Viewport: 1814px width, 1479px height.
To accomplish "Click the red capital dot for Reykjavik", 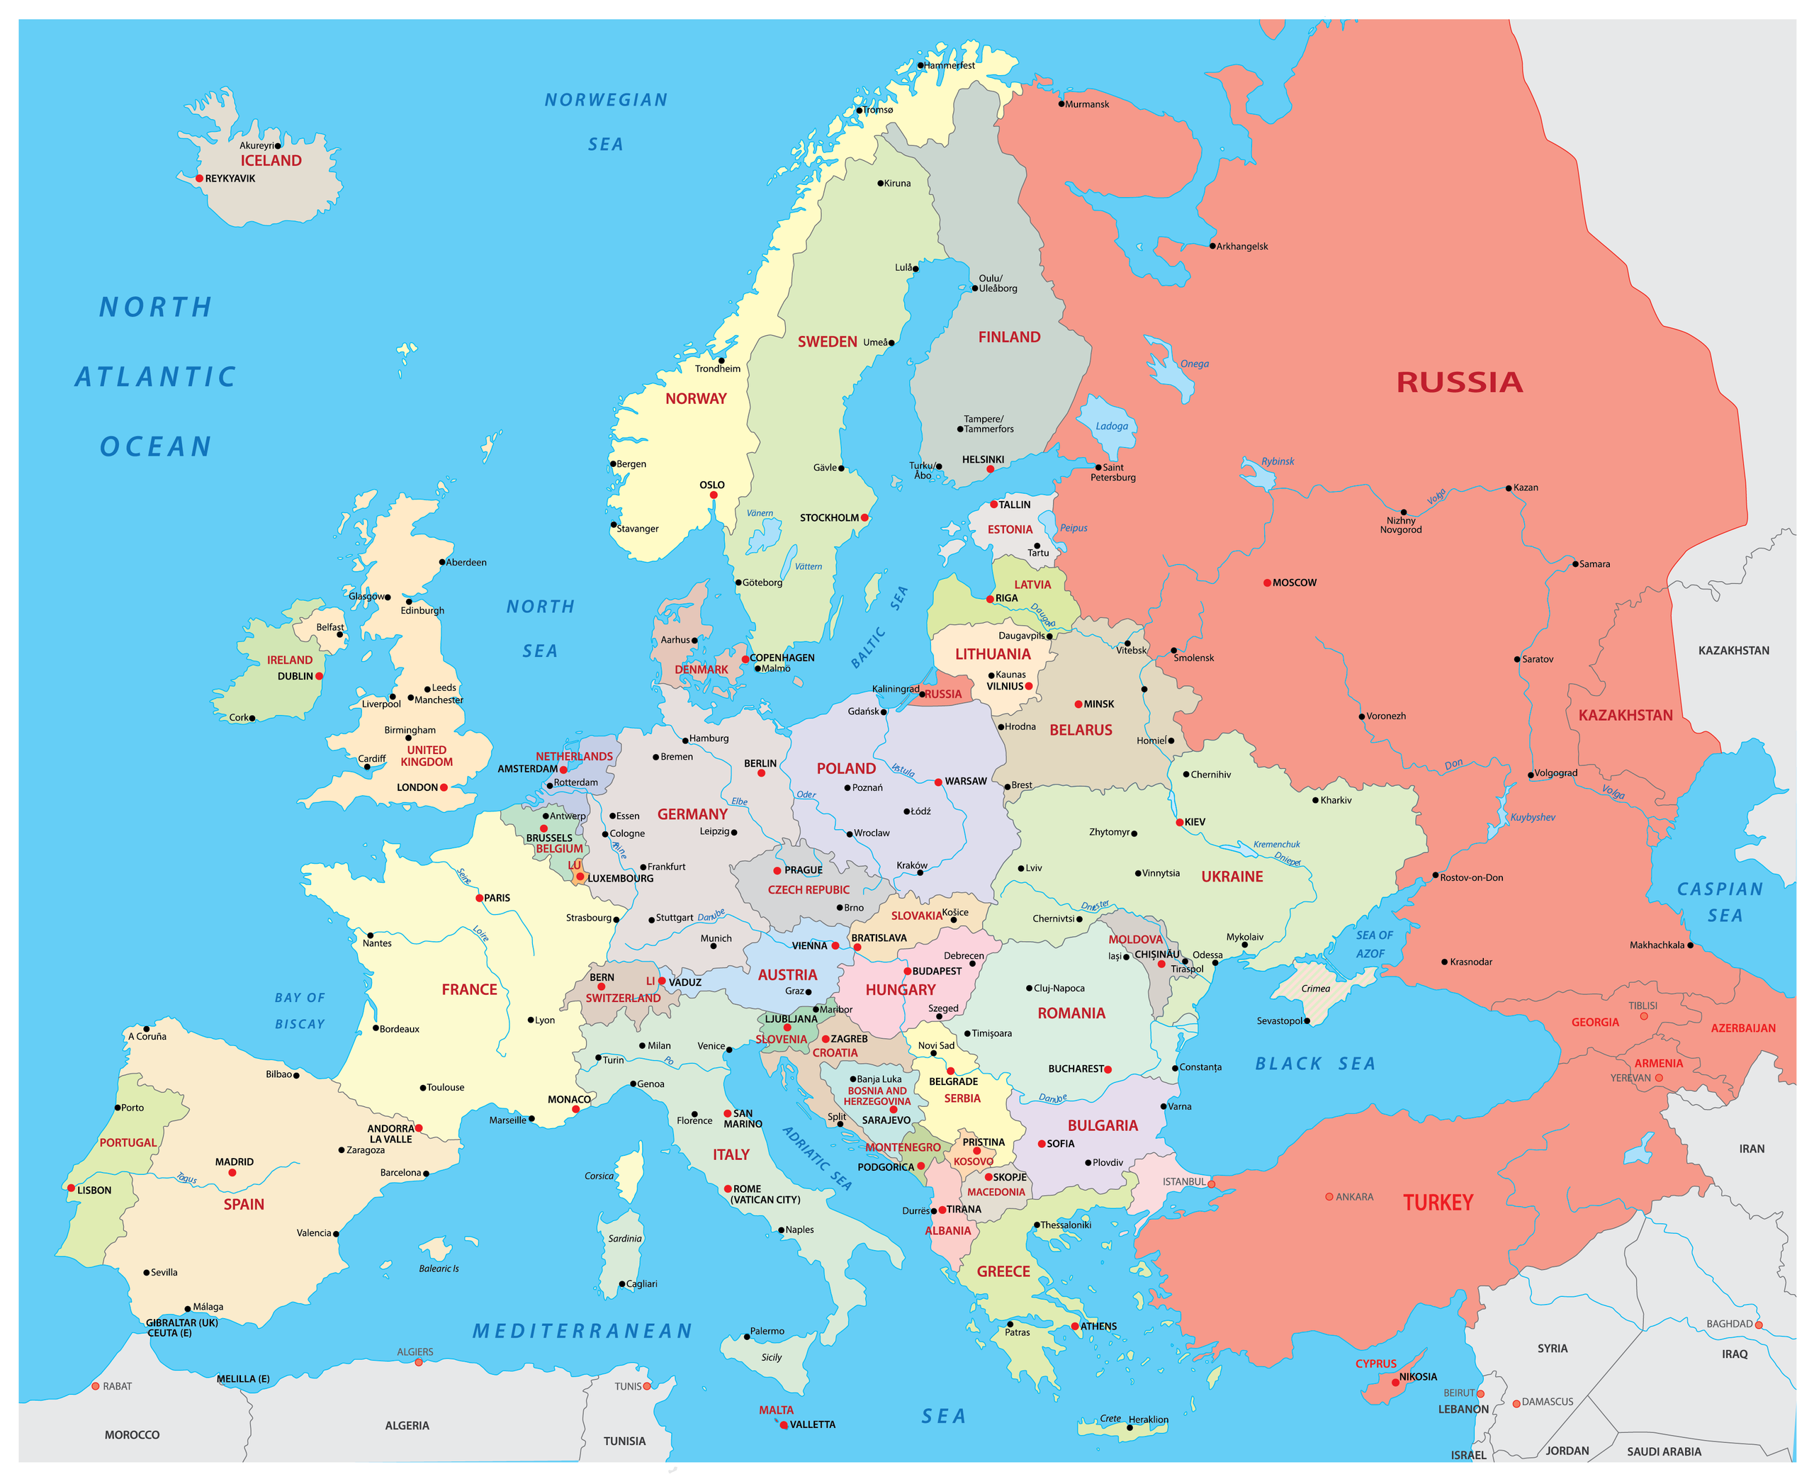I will coord(199,178).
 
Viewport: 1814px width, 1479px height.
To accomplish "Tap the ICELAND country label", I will coord(271,160).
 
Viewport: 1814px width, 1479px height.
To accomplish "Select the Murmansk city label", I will coord(1087,104).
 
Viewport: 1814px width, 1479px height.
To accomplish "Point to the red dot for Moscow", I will coord(1266,583).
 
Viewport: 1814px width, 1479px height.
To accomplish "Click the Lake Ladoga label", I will coord(1111,426).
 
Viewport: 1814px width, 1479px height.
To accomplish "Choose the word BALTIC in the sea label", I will coord(869,648).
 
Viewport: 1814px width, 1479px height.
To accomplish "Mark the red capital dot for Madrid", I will coord(232,1173).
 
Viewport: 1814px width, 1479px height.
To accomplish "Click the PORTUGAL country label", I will coord(128,1142).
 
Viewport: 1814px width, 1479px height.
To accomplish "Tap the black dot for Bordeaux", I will coord(376,1028).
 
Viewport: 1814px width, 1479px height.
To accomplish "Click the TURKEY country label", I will coord(1438,1202).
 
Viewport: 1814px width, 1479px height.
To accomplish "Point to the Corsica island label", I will coord(599,1176).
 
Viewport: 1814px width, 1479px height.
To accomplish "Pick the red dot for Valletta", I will coord(784,1424).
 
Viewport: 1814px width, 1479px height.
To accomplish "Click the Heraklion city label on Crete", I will coord(1148,1419).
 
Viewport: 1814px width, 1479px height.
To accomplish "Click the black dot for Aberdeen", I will coord(442,562).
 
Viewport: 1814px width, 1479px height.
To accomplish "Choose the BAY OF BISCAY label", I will coord(300,1011).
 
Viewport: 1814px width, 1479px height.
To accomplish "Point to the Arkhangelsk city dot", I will coord(1212,246).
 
